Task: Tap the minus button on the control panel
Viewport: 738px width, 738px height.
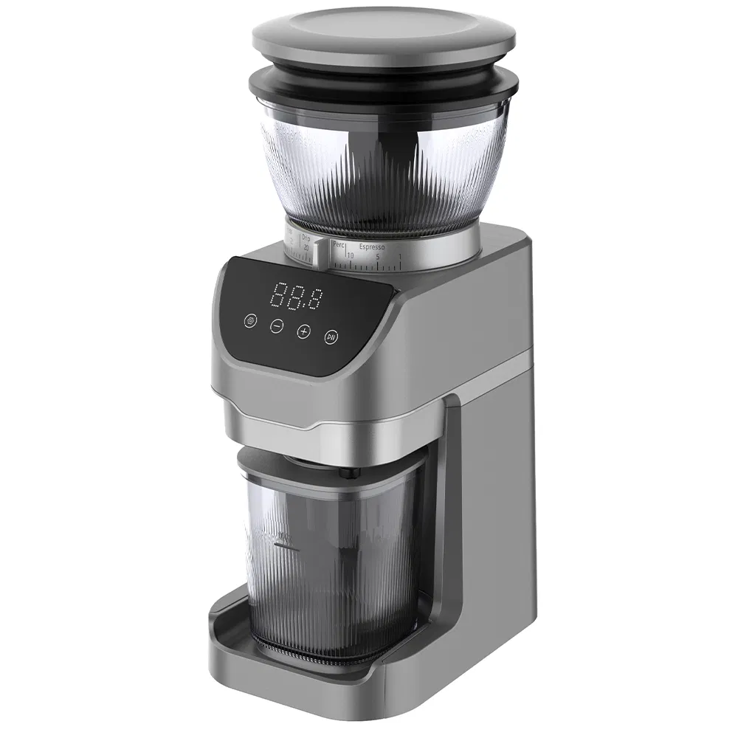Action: [x=276, y=325]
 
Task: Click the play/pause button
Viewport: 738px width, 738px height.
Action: [x=331, y=337]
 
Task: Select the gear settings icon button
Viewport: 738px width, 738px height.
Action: [x=251, y=321]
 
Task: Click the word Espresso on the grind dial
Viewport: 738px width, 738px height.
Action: [x=372, y=248]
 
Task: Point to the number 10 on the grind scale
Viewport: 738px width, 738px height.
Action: [x=349, y=255]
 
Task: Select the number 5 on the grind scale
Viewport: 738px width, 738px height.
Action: [x=377, y=257]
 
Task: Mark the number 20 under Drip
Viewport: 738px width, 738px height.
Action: [x=306, y=249]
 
